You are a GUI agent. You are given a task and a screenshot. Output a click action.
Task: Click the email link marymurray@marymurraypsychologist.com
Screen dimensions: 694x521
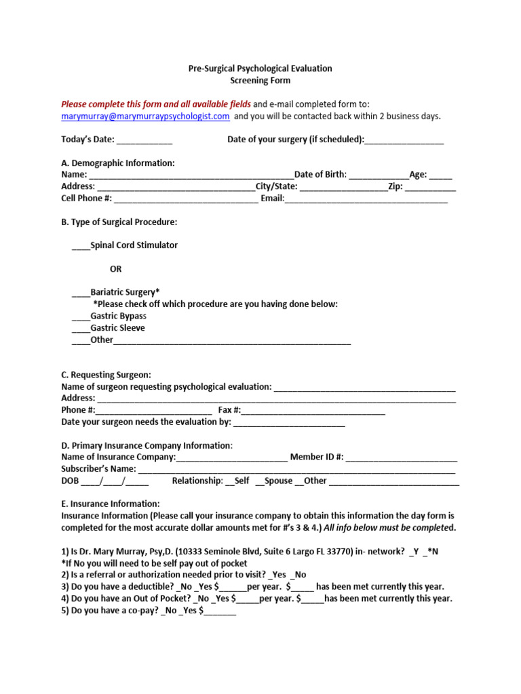pos(145,116)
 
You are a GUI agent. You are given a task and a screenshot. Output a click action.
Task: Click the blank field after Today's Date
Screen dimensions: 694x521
pos(144,140)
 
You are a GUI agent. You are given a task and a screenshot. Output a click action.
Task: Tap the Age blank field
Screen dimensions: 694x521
pos(440,175)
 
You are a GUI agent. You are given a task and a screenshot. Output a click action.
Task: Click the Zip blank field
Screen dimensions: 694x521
pos(431,186)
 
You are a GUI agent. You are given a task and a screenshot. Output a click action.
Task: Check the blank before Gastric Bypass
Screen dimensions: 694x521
pos(81,316)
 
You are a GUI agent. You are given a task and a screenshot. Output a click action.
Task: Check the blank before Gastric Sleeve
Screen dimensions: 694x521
pos(81,328)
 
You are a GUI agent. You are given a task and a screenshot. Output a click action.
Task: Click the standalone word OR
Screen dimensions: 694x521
pos(116,269)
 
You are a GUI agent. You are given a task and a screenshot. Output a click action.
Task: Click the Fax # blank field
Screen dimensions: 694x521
pos(313,410)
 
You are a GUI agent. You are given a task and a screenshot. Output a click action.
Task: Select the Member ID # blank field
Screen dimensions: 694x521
pos(402,457)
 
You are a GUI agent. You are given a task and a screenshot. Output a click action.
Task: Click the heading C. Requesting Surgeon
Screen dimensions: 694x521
pos(107,375)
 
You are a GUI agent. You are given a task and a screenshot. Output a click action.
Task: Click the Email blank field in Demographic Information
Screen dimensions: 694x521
pos(366,199)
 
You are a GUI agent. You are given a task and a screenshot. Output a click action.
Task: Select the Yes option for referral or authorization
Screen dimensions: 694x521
pos(277,575)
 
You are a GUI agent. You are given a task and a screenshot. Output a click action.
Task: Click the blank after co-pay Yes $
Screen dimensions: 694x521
pos(220,611)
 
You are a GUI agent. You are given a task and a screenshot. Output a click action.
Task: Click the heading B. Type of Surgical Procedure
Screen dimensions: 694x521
pos(119,222)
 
